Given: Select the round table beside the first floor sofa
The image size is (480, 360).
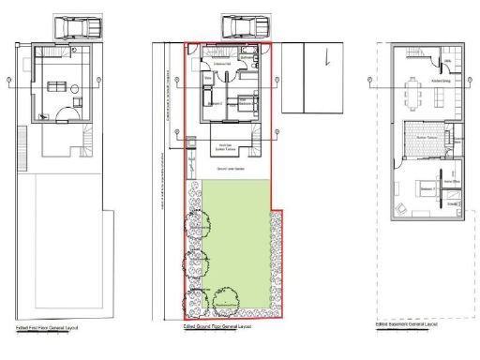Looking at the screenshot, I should (75, 87).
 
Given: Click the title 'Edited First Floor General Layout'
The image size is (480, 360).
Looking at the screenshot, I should (42, 330).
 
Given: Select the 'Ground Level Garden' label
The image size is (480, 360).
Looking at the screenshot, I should (231, 169).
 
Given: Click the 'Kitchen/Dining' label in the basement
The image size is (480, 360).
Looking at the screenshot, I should (441, 82).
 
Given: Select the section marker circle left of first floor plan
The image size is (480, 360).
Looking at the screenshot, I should (8, 83).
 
